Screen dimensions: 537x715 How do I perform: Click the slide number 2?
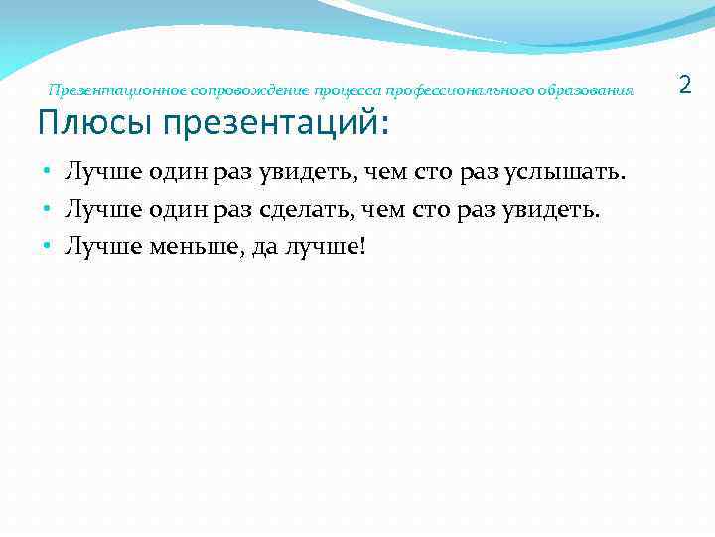coord(684,87)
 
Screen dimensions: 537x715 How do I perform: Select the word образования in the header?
coord(587,90)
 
